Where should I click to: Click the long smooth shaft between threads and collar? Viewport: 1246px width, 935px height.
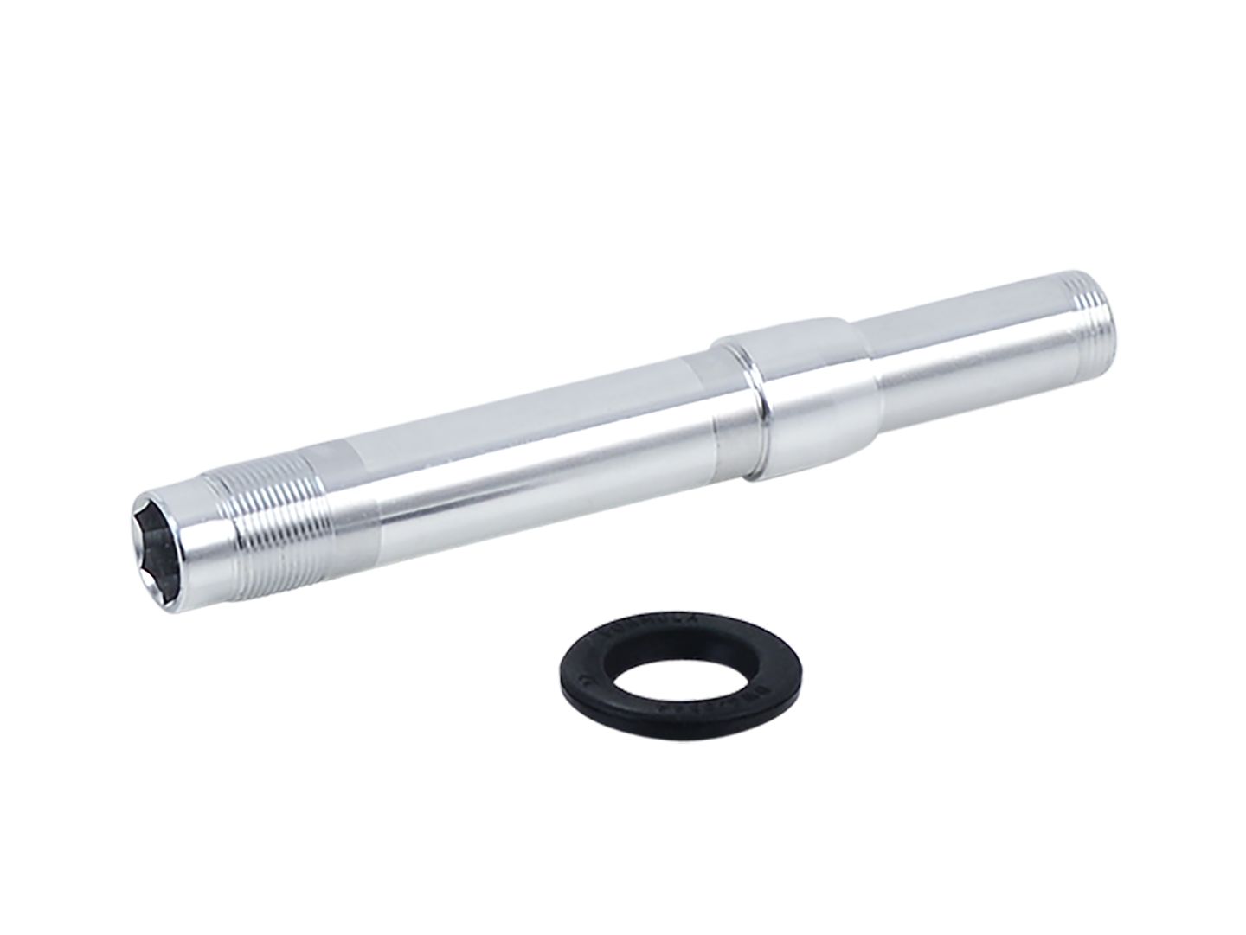coord(536,450)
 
